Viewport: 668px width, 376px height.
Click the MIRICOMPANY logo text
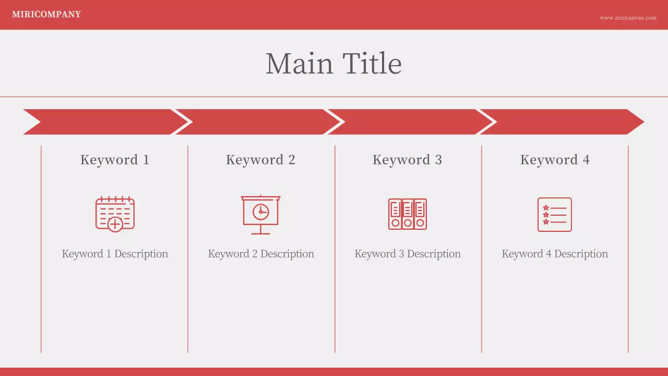(x=46, y=15)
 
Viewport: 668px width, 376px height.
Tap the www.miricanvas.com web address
(x=628, y=18)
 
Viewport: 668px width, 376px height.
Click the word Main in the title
(x=299, y=64)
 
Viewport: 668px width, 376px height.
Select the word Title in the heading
(x=372, y=64)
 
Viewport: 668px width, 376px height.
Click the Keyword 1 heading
(x=115, y=160)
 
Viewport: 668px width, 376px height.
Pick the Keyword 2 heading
(x=260, y=160)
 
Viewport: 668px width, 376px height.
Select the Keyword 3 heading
(x=407, y=160)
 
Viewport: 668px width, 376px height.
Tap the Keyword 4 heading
(x=555, y=160)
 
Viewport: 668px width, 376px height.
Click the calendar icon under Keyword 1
(x=115, y=214)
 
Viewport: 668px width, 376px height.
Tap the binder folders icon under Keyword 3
(x=407, y=214)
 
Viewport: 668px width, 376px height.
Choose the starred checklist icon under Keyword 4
(x=555, y=214)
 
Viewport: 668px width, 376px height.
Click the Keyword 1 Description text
(x=115, y=254)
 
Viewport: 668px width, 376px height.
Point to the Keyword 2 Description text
(x=261, y=254)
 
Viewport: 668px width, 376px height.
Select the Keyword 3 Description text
(x=408, y=254)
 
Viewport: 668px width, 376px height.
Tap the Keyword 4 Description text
(x=555, y=254)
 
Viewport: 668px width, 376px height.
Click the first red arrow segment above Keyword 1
(x=104, y=122)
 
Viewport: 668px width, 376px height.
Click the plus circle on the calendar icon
(x=115, y=225)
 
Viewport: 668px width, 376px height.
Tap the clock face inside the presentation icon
(x=260, y=211)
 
